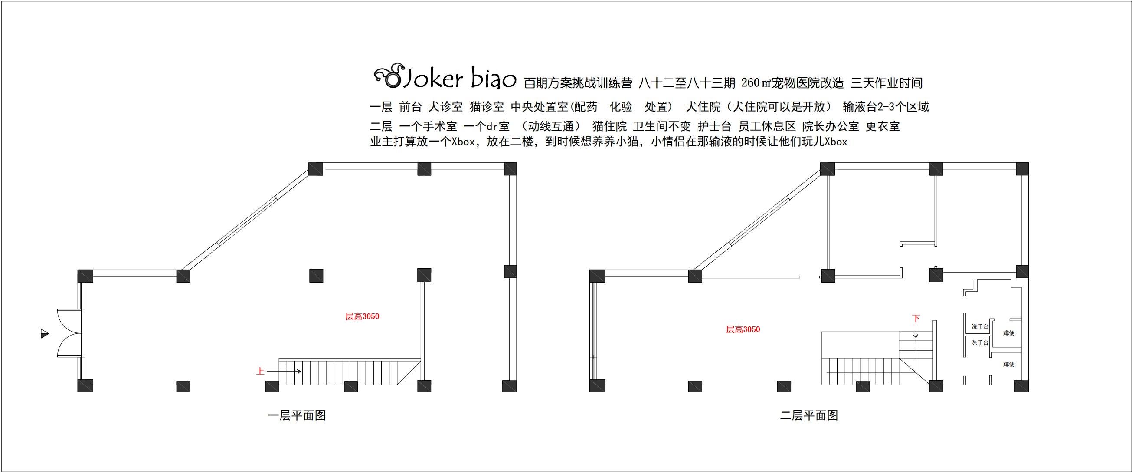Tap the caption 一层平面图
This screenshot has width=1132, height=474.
[x=297, y=415]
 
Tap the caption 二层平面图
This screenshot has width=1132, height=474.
[x=809, y=415]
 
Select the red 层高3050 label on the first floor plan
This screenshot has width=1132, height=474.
[x=362, y=316]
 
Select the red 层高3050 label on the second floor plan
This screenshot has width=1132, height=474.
[x=743, y=329]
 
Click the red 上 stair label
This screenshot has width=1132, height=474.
[x=260, y=372]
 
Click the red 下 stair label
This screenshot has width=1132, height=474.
[x=916, y=318]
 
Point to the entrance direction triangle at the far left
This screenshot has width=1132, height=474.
[x=44, y=334]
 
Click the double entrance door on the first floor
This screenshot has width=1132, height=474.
[x=69, y=333]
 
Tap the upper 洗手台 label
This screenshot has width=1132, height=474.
[x=979, y=327]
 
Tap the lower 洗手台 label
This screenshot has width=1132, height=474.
[x=979, y=342]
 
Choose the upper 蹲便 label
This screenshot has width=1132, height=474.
[x=1008, y=333]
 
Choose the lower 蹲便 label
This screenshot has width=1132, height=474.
[x=1008, y=364]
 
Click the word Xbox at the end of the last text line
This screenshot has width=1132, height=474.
[x=835, y=142]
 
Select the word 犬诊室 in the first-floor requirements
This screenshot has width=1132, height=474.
[x=445, y=107]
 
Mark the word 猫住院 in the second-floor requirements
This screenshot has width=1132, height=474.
[x=609, y=127]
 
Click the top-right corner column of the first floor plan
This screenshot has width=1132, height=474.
[x=510, y=169]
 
